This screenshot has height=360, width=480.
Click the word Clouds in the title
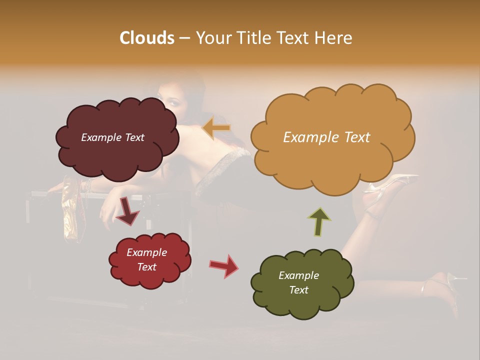point(147,38)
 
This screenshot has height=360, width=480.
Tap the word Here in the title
point(336,38)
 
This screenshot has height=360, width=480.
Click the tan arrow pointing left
point(216,128)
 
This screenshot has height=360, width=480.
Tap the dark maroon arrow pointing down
point(128,212)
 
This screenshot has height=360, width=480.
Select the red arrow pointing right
point(224,265)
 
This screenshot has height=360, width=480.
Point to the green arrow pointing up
point(319,221)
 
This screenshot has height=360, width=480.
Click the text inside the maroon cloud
point(112,137)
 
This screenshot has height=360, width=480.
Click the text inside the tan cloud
point(326,137)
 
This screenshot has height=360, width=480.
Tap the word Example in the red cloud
point(146,252)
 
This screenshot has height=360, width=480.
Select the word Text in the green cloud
point(298,290)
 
